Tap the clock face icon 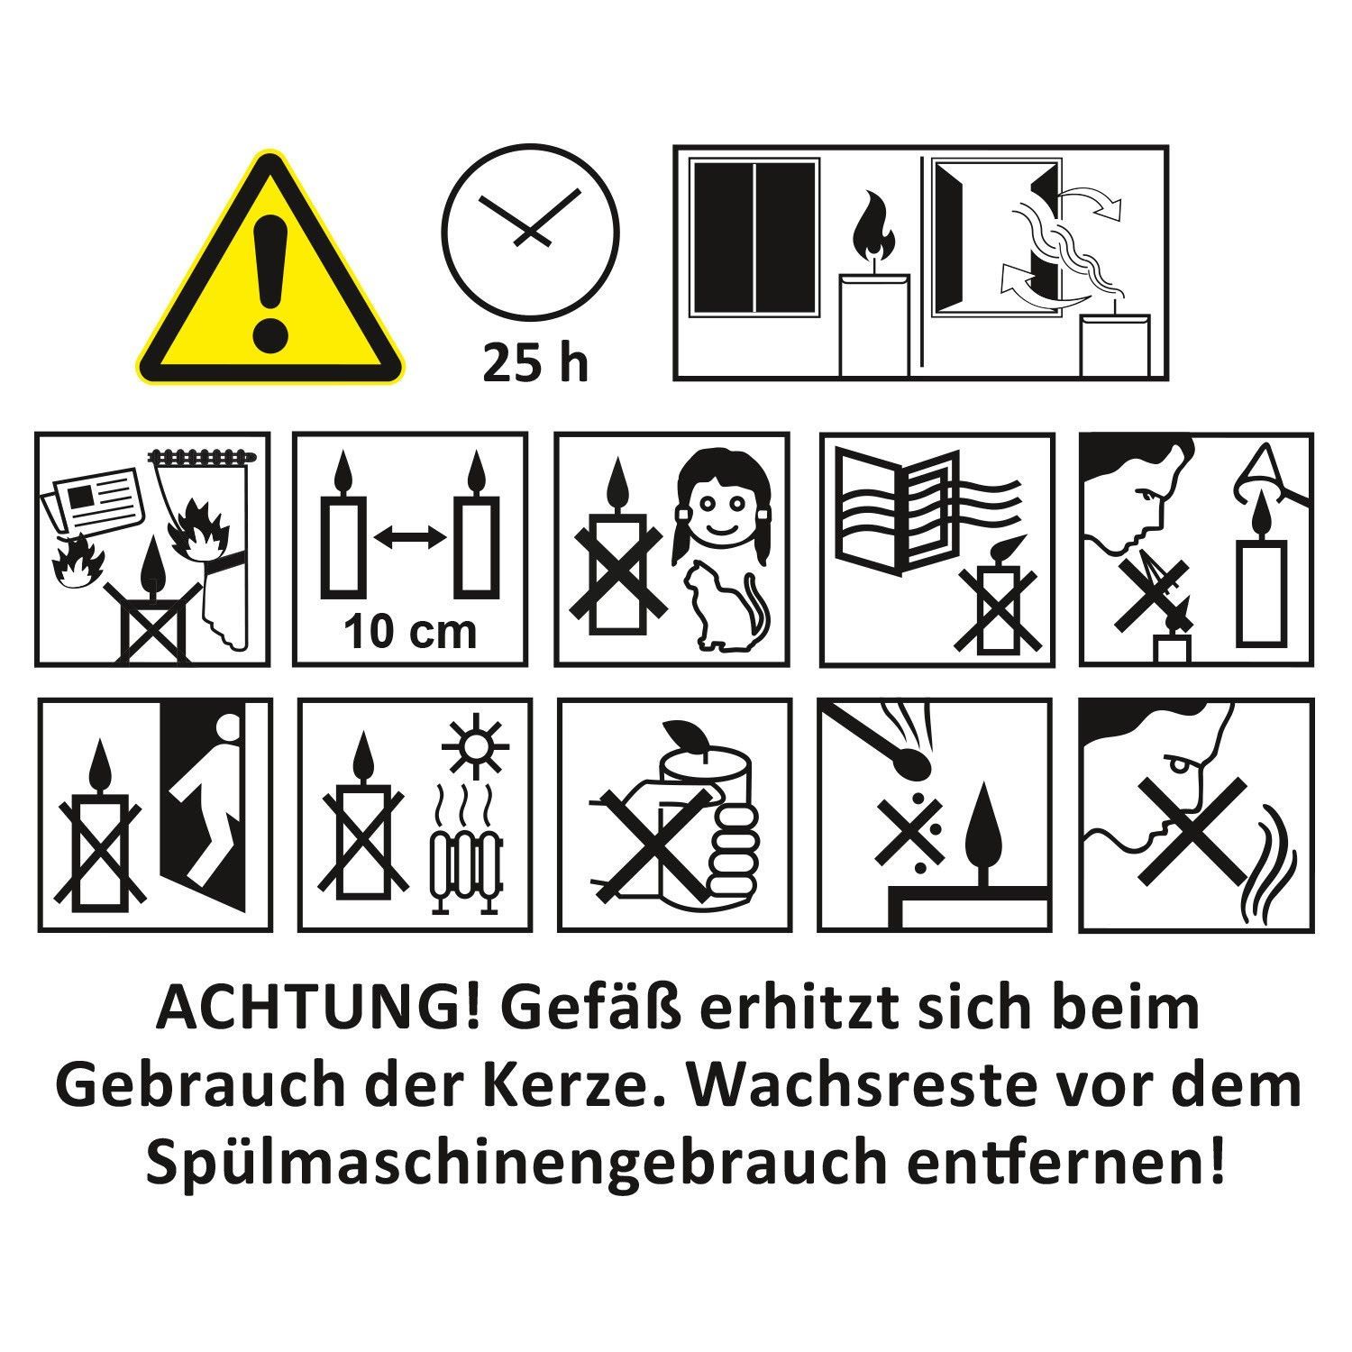tap(531, 231)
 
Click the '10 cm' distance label tap(410, 631)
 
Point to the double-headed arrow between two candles tap(410, 538)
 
